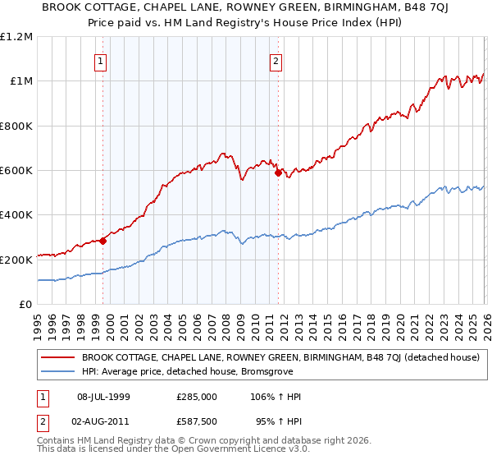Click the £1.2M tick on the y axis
(x=16, y=37)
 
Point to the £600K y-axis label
(x=16, y=171)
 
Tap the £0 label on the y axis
(x=25, y=305)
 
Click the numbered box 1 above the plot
(x=100, y=60)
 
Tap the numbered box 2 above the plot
(x=276, y=60)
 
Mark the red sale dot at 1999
(x=102, y=241)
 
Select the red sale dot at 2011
(x=278, y=172)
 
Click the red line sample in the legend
(x=57, y=357)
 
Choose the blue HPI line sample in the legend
(x=57, y=371)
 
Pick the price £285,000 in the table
(x=197, y=397)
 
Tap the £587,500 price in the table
(x=197, y=421)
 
